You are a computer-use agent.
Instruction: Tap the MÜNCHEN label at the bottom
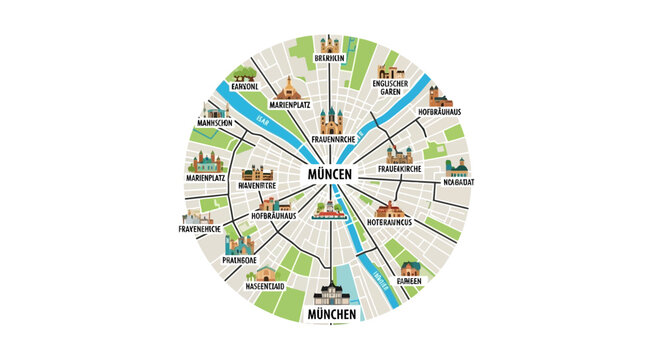[x=329, y=315]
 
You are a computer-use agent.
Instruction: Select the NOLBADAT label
[x=456, y=182]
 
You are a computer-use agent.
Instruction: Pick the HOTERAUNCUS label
[x=397, y=222]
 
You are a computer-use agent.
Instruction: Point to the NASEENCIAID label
[x=265, y=285]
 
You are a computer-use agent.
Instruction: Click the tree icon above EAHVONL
[x=245, y=73]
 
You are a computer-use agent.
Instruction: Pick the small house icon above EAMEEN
[x=410, y=269]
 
